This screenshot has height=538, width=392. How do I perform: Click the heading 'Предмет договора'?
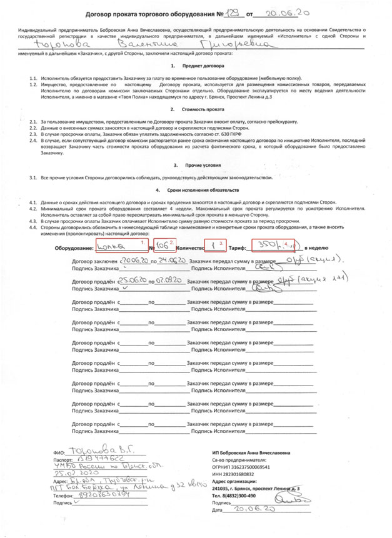tap(199, 66)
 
